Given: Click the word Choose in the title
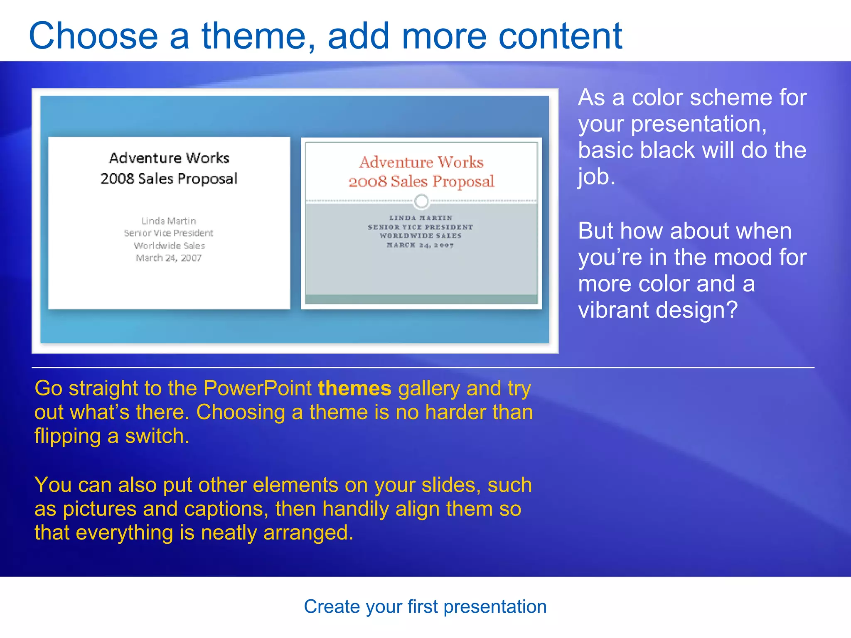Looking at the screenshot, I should (x=93, y=37).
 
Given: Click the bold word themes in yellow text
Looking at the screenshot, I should (x=354, y=389).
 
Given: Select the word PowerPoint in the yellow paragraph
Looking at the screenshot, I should (x=257, y=389).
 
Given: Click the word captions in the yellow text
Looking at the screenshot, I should (x=226, y=509).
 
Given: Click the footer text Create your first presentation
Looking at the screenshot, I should (x=425, y=607).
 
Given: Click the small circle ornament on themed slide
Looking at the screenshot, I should (x=421, y=201).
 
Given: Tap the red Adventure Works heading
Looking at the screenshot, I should (x=421, y=162).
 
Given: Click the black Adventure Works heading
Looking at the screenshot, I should (x=169, y=158).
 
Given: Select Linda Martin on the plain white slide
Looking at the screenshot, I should (x=169, y=221).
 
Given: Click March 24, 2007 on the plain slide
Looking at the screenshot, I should (x=169, y=258).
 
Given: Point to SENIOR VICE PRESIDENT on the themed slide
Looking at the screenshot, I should (x=421, y=227).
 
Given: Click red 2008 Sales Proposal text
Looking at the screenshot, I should (x=421, y=182).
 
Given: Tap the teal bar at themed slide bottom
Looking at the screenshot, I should (x=421, y=299).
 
